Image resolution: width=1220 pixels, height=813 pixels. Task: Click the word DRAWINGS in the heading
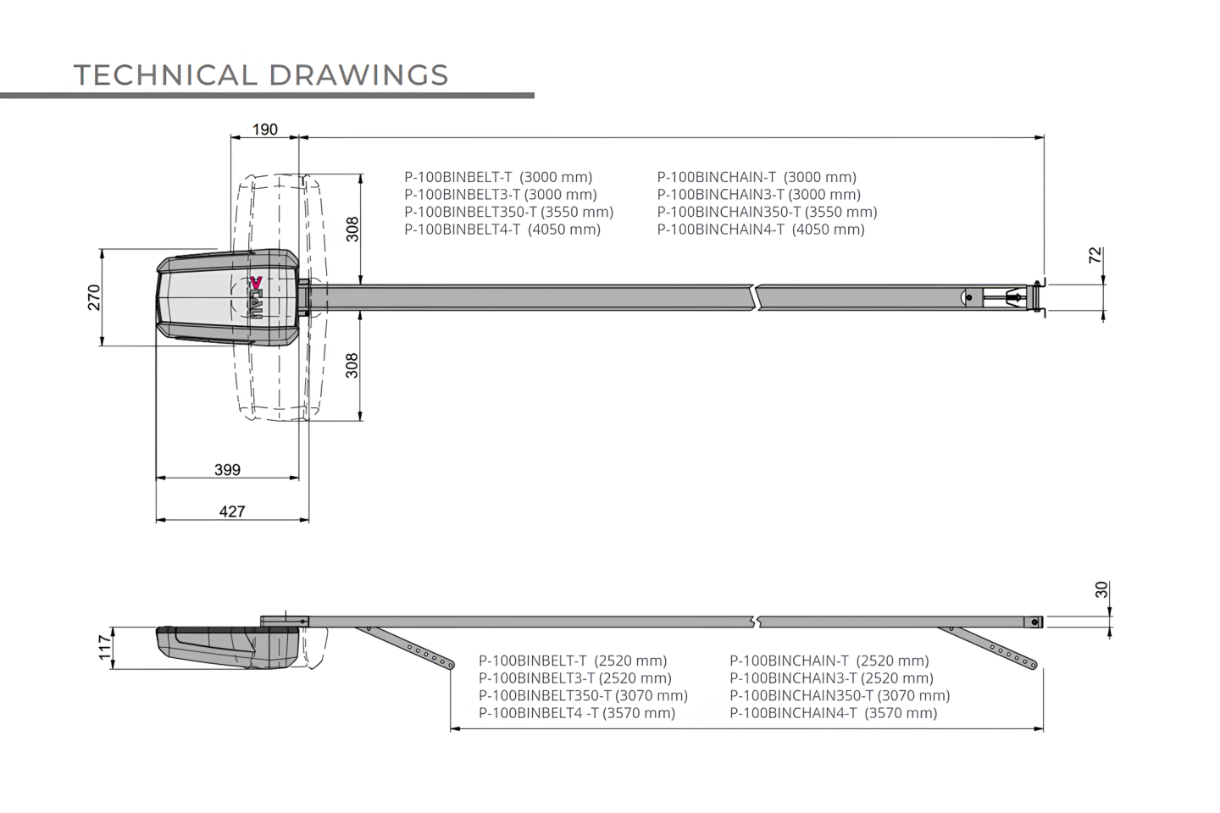coord(358,75)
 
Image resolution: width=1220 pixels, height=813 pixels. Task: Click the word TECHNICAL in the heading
coord(165,75)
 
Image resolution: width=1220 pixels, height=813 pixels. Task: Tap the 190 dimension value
coord(265,130)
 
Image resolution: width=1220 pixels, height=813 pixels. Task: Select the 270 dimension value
coord(94,297)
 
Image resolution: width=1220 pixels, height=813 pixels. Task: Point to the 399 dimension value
coord(227,469)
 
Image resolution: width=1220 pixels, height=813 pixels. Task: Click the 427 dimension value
coord(232,512)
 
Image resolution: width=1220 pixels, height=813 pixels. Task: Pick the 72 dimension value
coord(1095,256)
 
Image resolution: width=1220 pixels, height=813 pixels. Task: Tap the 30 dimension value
coord(1101,589)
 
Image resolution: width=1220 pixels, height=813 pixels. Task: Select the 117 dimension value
coord(104,648)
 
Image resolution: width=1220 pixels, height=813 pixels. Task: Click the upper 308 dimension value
coord(352,230)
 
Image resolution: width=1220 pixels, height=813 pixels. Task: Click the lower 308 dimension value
coord(352,365)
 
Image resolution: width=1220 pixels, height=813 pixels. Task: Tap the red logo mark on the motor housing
coord(256,282)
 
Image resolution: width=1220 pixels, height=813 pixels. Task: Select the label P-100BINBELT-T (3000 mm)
coord(498,177)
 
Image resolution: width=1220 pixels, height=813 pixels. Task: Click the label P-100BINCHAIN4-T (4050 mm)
coord(761,230)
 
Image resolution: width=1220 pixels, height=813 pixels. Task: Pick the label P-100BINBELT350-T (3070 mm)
coord(583,695)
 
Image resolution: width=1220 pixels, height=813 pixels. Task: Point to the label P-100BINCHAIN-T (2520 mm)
coord(829,661)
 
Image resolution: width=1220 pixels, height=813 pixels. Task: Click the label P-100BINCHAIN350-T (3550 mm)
coord(768,212)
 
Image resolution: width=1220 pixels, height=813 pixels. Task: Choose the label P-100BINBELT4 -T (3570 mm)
coord(577,713)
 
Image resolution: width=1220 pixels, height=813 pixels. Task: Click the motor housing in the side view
coord(228,647)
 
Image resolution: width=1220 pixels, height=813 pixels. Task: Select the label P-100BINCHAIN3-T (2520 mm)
coord(832,678)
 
